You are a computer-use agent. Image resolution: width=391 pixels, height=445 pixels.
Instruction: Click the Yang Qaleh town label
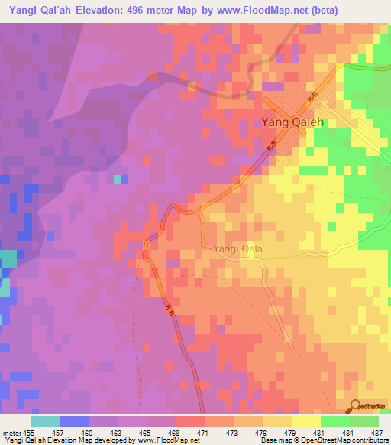292,122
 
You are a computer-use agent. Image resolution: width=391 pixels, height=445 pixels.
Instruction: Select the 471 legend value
204,433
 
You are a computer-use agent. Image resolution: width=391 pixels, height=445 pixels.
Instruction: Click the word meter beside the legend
11,433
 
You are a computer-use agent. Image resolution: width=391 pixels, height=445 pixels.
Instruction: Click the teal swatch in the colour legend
45,421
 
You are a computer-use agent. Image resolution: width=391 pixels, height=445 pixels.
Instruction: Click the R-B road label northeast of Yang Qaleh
313,99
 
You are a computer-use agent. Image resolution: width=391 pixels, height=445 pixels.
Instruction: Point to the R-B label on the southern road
170,308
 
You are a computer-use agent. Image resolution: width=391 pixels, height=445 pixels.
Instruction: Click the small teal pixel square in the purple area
117,180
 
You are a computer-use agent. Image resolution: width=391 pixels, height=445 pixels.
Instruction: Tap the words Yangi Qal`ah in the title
37,10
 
